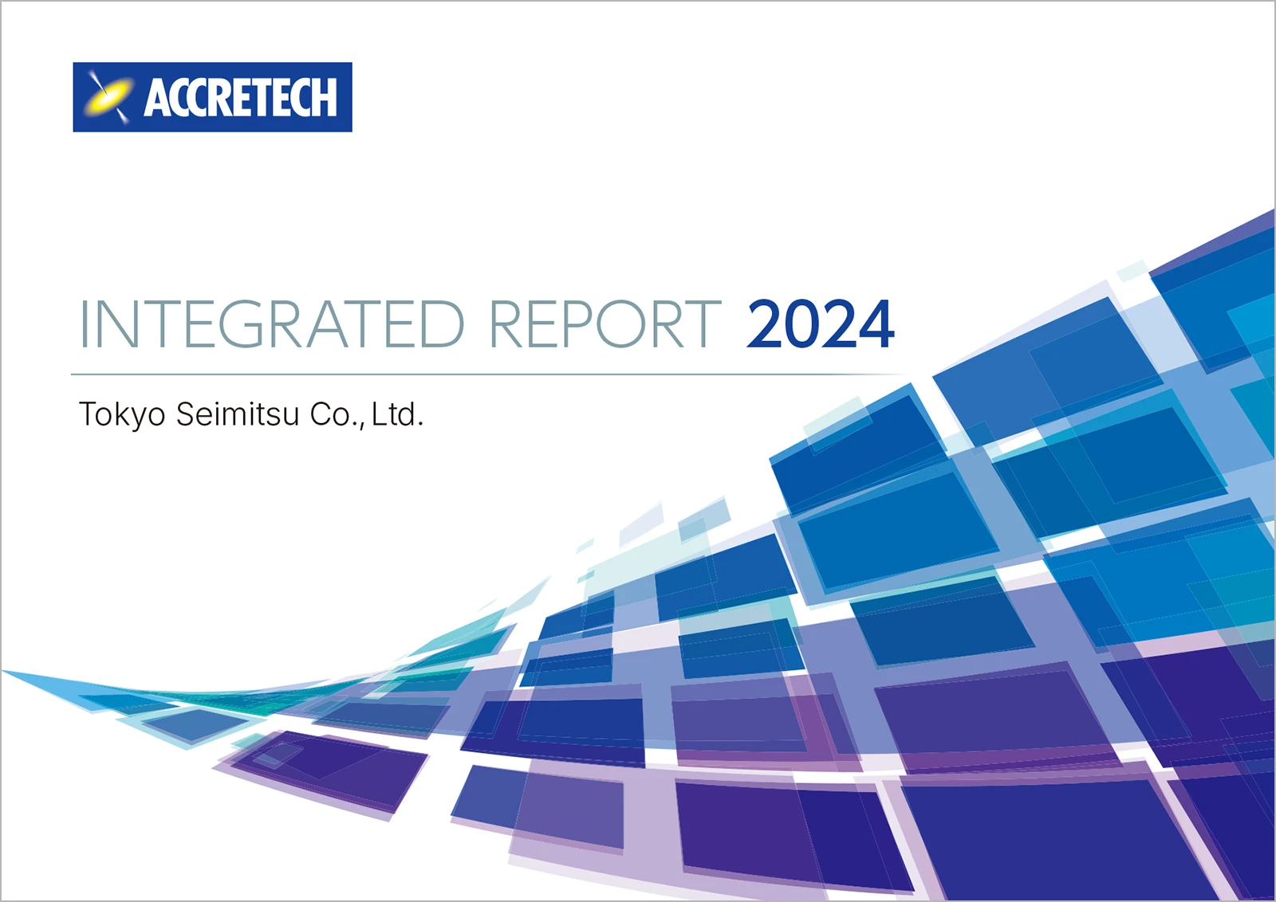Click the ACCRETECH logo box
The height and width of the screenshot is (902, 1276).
point(212,96)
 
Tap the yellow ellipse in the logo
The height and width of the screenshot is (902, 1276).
point(109,97)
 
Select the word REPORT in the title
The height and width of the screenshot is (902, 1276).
point(605,324)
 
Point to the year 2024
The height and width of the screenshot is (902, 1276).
point(821,324)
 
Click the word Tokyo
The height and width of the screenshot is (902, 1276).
point(123,415)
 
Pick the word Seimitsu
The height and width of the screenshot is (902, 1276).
point(238,414)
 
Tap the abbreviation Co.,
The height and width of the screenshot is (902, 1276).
point(337,415)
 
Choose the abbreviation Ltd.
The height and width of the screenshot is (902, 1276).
point(398,414)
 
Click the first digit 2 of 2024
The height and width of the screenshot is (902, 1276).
point(765,324)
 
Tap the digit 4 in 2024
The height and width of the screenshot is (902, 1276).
point(876,324)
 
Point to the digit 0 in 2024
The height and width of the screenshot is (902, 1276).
point(801,324)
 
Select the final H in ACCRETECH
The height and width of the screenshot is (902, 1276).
point(325,97)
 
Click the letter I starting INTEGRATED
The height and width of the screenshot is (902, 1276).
point(84,324)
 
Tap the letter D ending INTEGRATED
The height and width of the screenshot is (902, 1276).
point(443,324)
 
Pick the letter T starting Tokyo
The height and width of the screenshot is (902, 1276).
point(89,414)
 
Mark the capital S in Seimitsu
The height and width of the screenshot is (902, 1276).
point(186,414)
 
